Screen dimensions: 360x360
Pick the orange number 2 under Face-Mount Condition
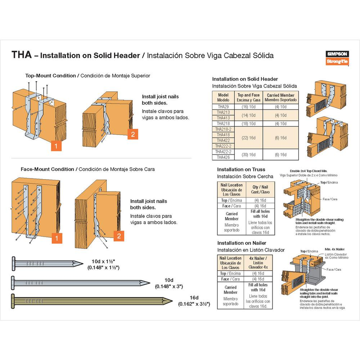tap(118, 236)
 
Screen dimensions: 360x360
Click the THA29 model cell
tap(223, 106)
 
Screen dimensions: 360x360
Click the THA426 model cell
tap(223, 157)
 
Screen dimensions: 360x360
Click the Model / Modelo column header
tap(223, 97)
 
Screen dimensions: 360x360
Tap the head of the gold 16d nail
tap(14, 300)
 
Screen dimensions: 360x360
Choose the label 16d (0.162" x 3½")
tap(193, 301)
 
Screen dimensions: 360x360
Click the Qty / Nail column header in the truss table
tap(260, 189)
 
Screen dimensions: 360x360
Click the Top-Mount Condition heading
tap(50, 76)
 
